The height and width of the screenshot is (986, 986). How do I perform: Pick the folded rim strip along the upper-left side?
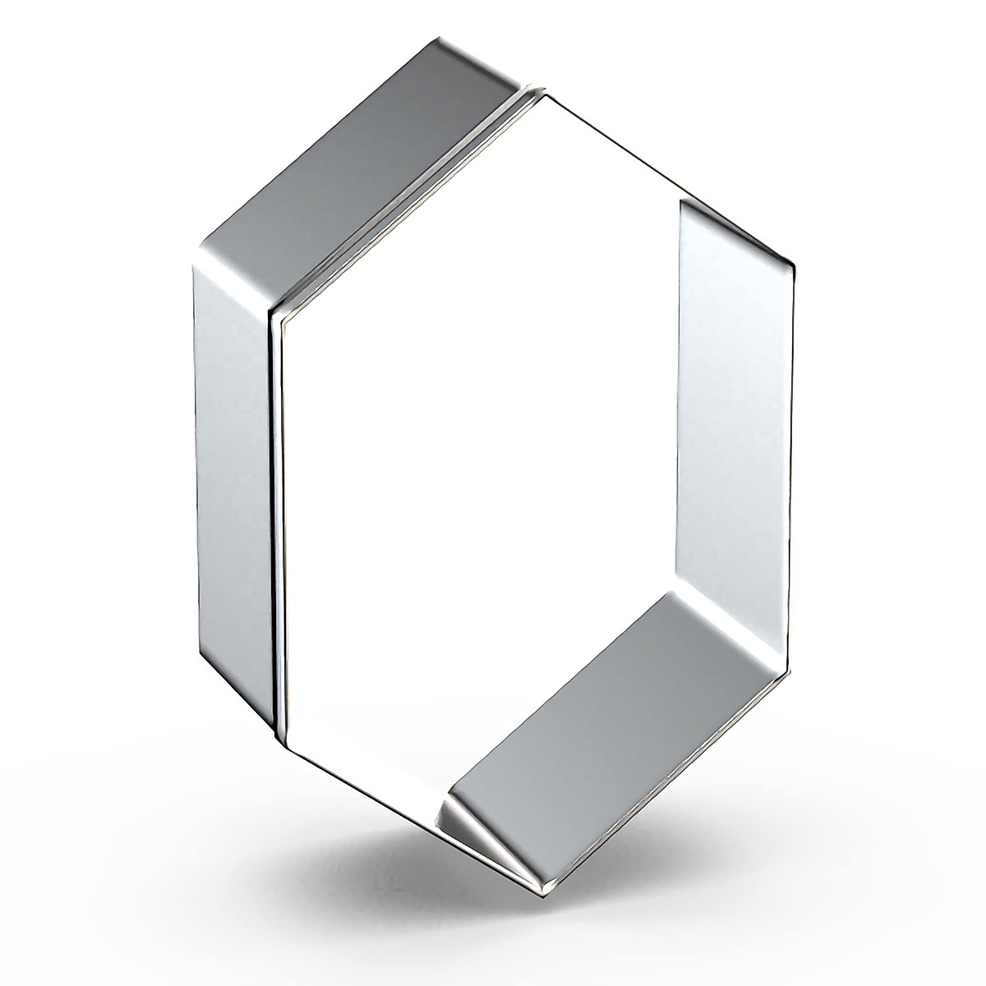point(403,205)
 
